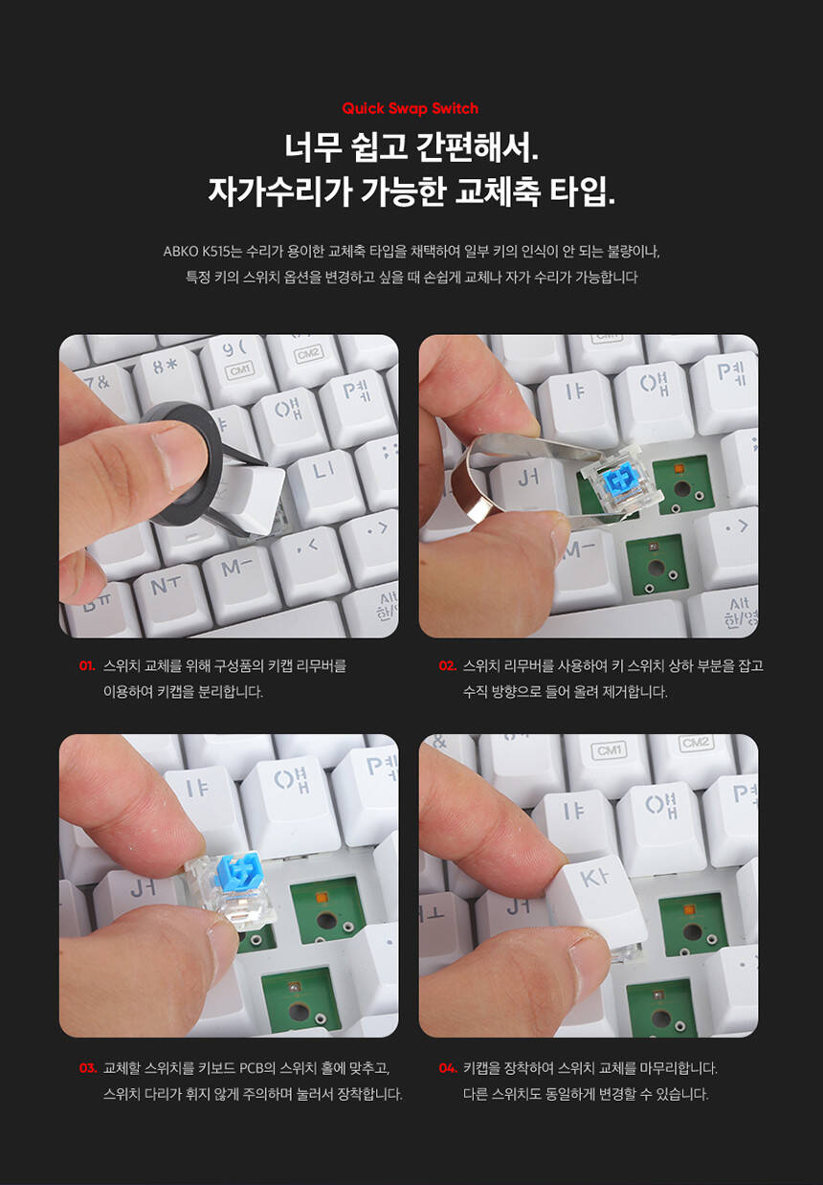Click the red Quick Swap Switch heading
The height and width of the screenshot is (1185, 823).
[410, 108]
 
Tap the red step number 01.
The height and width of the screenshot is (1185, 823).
[87, 665]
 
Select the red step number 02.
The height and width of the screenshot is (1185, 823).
[447, 665]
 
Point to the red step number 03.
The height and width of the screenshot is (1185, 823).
[88, 1067]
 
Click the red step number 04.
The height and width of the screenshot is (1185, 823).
[448, 1067]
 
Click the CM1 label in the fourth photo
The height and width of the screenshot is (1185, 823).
[609, 750]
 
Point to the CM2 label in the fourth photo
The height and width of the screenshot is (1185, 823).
[695, 743]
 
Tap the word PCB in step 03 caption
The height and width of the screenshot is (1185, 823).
[252, 1067]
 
